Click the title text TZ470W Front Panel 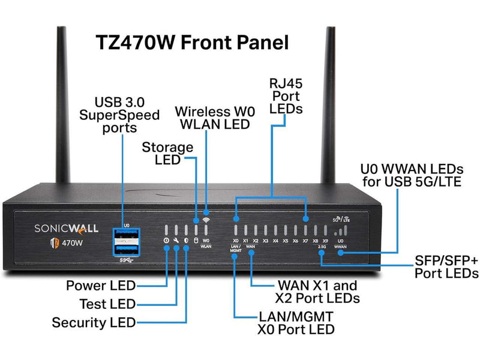192,43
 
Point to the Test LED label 107,304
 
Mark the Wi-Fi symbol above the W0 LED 206,220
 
